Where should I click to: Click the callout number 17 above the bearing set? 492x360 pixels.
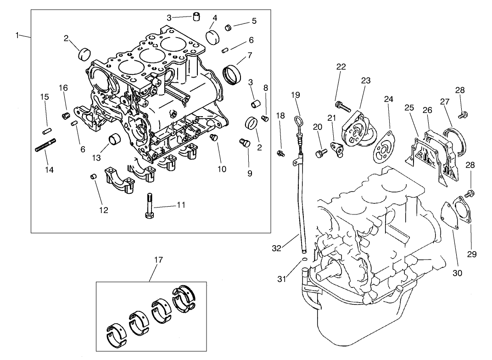[158, 260]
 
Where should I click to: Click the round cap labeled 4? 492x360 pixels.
[213, 36]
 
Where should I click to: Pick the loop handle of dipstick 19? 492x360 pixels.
[297, 121]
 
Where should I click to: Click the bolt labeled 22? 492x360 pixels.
[343, 107]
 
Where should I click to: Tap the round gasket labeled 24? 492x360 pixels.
[383, 147]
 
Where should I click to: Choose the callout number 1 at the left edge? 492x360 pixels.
[17, 35]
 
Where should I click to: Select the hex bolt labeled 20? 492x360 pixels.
[320, 152]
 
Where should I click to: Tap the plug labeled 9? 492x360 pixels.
[244, 144]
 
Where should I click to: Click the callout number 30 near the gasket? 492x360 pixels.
[457, 273]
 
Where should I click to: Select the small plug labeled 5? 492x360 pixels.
[227, 28]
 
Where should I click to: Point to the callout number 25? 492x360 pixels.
[409, 108]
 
